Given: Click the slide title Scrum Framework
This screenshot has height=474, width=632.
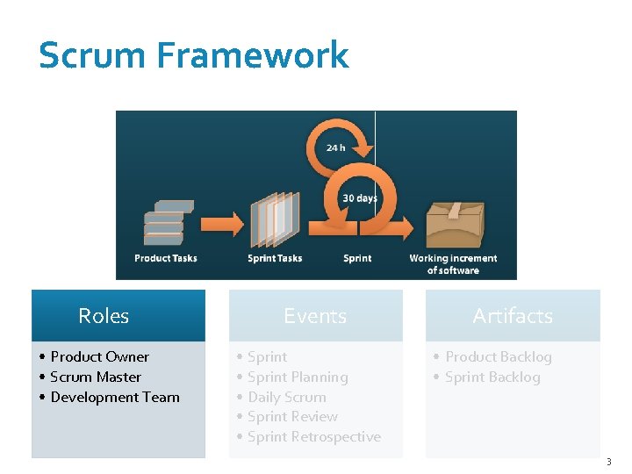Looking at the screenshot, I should pyautogui.click(x=194, y=55).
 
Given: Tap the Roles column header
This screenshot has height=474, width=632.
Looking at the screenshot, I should pyautogui.click(x=104, y=316).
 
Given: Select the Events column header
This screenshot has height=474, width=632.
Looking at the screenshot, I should pyautogui.click(x=315, y=316).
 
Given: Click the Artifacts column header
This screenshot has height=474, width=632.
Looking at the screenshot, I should pyautogui.click(x=513, y=316).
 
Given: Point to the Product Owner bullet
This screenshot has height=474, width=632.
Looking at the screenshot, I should pyautogui.click(x=99, y=356).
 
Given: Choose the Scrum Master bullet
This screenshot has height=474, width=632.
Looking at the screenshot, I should pyautogui.click(x=96, y=377).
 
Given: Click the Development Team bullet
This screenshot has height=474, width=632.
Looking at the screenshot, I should pyautogui.click(x=115, y=397).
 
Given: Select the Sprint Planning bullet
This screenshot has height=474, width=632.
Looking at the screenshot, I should pyautogui.click(x=298, y=377).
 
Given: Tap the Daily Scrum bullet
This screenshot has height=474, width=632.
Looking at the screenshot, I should pyautogui.click(x=287, y=397).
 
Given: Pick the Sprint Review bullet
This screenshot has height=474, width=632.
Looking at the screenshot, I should pyautogui.click(x=292, y=416).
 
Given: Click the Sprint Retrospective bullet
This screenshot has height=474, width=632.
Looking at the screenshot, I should pyautogui.click(x=314, y=436).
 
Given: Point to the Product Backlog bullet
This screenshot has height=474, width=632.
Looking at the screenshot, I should pyautogui.click(x=499, y=356).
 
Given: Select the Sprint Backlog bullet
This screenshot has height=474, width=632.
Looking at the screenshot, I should pyautogui.click(x=492, y=377).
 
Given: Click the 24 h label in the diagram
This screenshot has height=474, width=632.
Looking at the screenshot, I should pyautogui.click(x=335, y=147).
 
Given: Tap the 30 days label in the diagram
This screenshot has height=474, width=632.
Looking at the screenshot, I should pyautogui.click(x=360, y=198).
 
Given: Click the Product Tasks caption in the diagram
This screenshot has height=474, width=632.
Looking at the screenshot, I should pyautogui.click(x=166, y=258).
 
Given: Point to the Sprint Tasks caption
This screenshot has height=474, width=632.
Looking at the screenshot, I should pyautogui.click(x=275, y=258).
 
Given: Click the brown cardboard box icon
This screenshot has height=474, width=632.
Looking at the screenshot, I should pyautogui.click(x=454, y=224).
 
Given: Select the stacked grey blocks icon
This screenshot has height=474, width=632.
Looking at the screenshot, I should pyautogui.click(x=168, y=223).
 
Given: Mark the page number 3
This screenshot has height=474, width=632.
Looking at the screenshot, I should pyautogui.click(x=608, y=461).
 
